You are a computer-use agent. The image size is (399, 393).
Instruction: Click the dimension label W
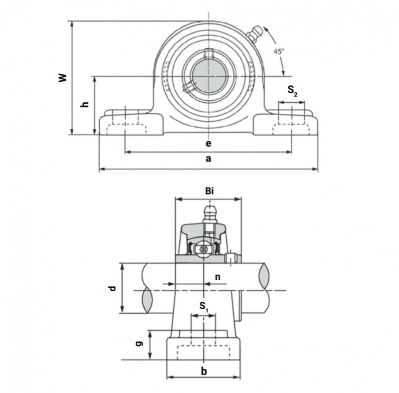tap(63, 78)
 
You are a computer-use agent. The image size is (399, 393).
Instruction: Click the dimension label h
tap(85, 104)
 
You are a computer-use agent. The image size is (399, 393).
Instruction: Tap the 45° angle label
tap(279, 51)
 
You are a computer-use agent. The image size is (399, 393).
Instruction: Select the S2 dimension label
tap(292, 91)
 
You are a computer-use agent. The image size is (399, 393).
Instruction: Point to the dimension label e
tap(208, 144)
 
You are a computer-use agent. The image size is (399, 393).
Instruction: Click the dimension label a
tap(208, 159)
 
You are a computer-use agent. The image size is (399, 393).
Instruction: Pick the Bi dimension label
tap(209, 191)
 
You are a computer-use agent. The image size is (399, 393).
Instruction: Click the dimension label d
tap(112, 288)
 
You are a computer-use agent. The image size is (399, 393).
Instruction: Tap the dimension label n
tap(217, 277)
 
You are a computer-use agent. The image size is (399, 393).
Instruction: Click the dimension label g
tap(139, 344)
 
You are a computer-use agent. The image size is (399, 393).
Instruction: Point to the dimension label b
tap(204, 372)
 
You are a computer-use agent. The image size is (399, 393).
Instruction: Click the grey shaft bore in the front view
tap(208, 76)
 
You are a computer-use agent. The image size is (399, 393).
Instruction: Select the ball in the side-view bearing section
tap(203, 250)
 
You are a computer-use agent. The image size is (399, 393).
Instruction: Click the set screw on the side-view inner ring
tap(231, 257)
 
